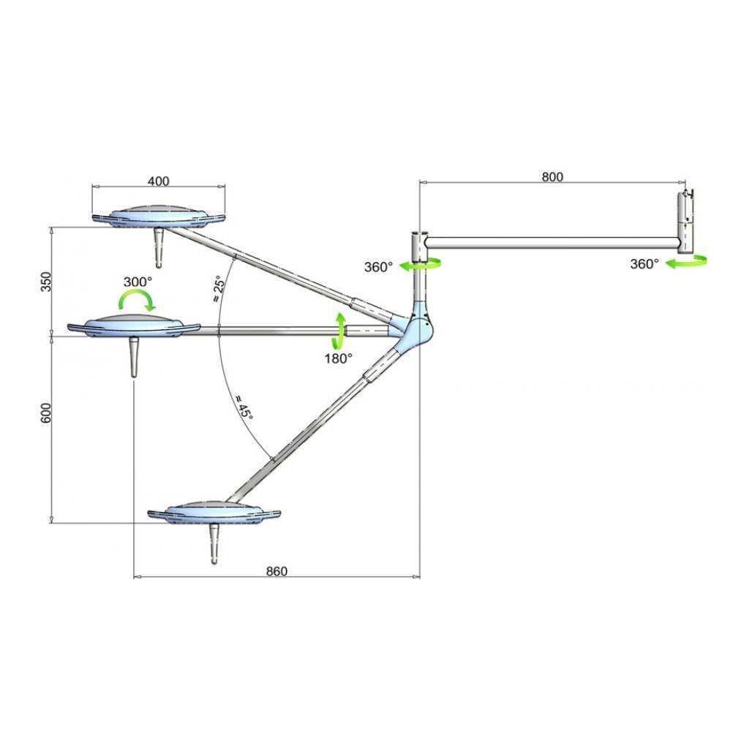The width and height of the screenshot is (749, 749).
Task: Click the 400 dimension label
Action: (x=159, y=181)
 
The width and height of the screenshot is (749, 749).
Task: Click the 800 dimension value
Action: (x=552, y=176)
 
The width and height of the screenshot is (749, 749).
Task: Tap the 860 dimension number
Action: (x=276, y=571)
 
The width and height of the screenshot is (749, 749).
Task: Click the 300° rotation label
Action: (x=138, y=281)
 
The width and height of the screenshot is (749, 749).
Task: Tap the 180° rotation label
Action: (x=338, y=358)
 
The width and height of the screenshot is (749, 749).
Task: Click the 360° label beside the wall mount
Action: (x=644, y=264)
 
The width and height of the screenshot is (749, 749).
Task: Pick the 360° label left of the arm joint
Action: (x=379, y=267)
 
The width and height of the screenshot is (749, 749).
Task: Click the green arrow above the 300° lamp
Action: (x=138, y=299)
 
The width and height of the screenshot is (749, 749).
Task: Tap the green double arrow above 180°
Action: (x=339, y=331)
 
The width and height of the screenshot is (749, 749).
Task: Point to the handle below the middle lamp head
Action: (x=134, y=357)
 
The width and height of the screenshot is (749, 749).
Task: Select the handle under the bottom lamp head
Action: (x=214, y=542)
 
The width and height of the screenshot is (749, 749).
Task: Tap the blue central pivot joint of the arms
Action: (x=418, y=328)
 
